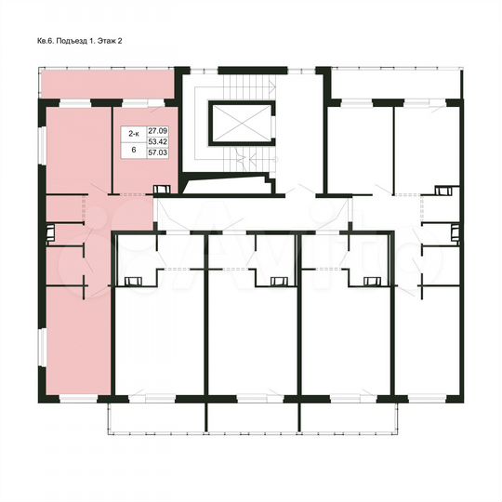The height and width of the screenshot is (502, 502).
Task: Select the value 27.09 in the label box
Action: tap(157, 135)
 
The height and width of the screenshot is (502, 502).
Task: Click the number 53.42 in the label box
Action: tap(157, 147)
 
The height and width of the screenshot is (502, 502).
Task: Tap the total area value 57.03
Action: tap(157, 159)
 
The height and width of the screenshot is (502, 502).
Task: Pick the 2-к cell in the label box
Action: tap(135, 135)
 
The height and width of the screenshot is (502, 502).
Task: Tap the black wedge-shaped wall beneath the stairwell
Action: tap(228, 185)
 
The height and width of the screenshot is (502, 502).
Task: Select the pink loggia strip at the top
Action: tap(108, 87)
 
